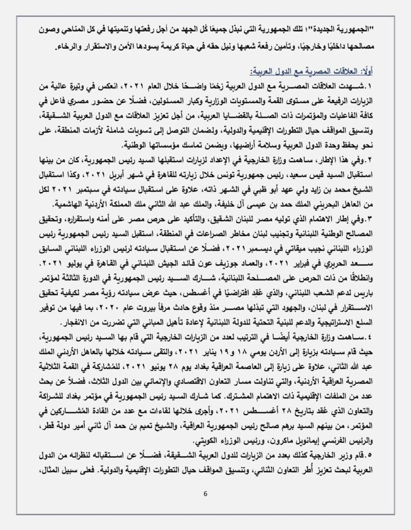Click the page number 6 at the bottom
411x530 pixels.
205,493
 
